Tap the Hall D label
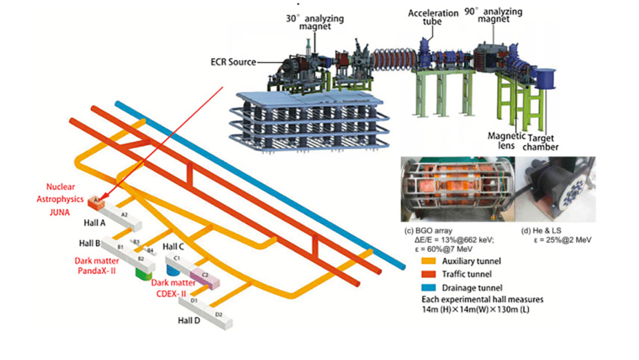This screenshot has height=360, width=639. click(190, 321)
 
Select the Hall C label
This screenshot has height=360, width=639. click(172, 246)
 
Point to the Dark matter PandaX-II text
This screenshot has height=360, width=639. click(100, 267)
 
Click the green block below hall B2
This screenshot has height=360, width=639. click(143, 274)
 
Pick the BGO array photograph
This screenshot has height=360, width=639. click(456, 188)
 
